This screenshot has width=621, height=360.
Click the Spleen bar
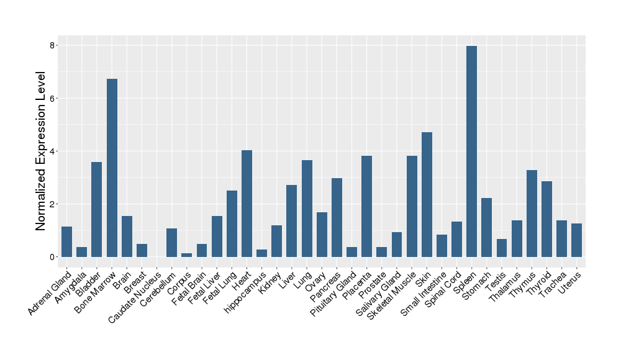tap(471, 151)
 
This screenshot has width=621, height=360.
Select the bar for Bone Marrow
tap(112, 168)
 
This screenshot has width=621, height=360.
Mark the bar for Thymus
tap(532, 214)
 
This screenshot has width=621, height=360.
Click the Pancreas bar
tap(337, 217)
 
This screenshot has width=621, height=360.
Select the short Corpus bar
tap(186, 254)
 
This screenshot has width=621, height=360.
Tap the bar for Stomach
tap(486, 227)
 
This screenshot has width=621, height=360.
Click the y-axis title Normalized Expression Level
tap(41, 151)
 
